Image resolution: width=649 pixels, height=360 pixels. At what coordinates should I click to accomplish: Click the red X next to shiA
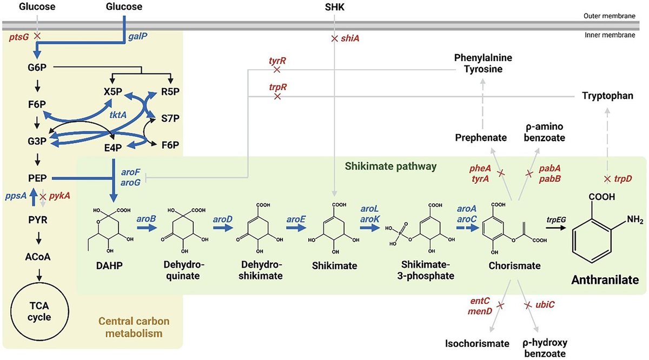(x=334, y=38)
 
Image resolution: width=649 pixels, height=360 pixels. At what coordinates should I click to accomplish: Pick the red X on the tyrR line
(x=277, y=70)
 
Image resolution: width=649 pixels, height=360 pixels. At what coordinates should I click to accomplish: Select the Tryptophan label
(x=608, y=96)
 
